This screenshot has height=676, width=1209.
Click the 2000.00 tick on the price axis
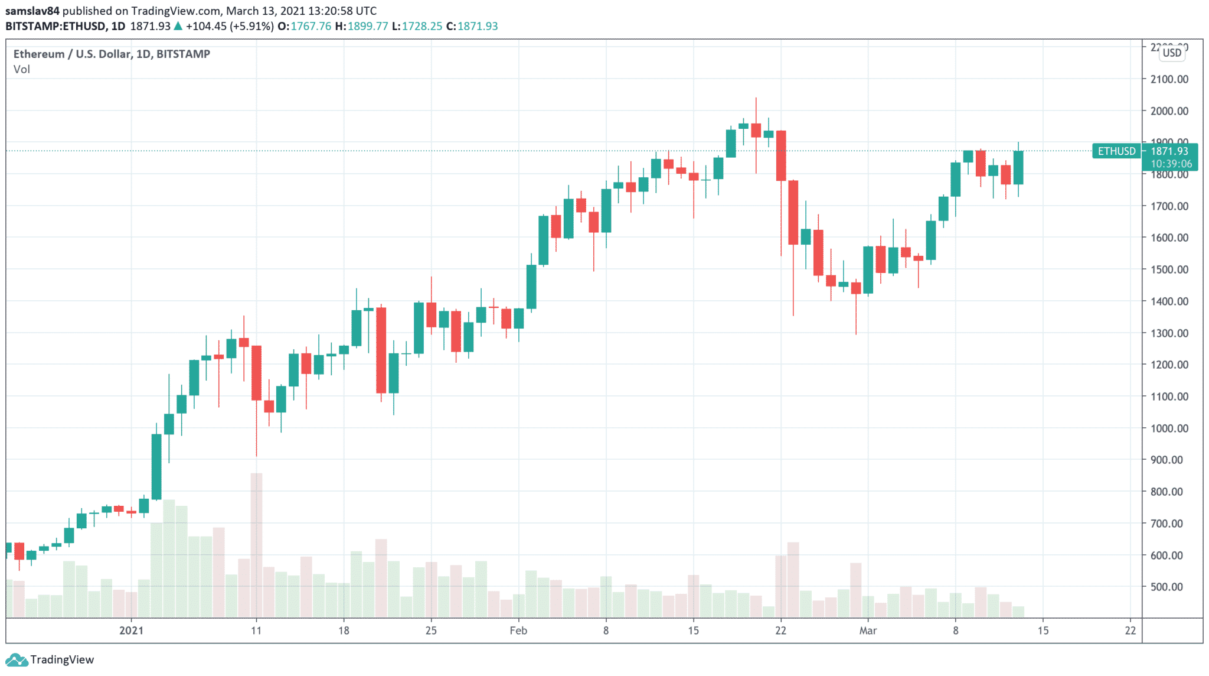point(1169,111)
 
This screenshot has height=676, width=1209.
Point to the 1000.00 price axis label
point(1169,428)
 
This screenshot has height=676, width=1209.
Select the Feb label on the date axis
point(518,630)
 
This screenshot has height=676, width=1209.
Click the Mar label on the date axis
point(868,630)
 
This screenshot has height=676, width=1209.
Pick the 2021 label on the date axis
point(131,630)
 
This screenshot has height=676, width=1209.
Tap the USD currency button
point(1172,53)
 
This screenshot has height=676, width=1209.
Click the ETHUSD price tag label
point(1116,151)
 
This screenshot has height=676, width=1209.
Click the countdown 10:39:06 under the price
point(1171,164)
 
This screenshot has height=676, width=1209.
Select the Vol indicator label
point(22,69)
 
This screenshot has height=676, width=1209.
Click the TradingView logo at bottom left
point(50,659)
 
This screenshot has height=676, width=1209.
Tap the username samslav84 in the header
point(32,11)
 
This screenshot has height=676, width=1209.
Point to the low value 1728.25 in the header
point(421,26)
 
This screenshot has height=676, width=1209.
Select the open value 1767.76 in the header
point(311,26)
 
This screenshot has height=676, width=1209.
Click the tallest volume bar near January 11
point(256,544)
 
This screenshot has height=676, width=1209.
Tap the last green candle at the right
point(1018,168)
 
